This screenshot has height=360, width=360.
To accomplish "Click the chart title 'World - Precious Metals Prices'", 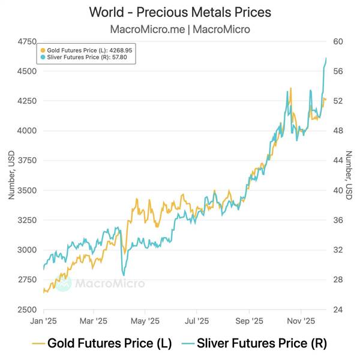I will (x=180, y=12).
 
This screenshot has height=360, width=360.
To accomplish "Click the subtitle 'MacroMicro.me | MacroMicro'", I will (x=180, y=29).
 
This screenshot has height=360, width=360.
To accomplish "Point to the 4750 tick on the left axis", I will (x=27, y=41).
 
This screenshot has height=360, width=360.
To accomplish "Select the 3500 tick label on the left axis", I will (x=27, y=190).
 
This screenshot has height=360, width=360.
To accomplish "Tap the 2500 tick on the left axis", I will (x=27, y=310).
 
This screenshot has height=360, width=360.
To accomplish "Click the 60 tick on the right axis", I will (x=338, y=41).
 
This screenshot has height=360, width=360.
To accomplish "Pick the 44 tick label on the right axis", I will (x=338, y=160).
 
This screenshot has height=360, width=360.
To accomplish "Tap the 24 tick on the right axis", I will (x=338, y=310).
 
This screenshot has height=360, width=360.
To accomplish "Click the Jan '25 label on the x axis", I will (x=43, y=321).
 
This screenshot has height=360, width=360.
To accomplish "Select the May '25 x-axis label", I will (x=146, y=321).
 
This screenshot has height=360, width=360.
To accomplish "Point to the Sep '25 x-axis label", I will (x=249, y=321).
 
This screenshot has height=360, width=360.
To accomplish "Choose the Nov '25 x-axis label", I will (x=301, y=321).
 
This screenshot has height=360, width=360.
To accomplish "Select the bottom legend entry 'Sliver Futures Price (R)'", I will (x=262, y=344).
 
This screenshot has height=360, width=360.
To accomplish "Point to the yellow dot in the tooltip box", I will (x=43, y=50).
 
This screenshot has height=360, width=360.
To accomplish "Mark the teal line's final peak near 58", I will (x=326, y=58).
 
